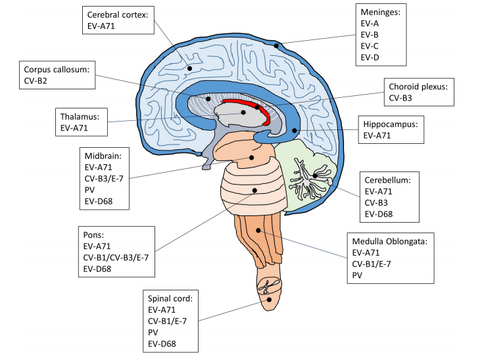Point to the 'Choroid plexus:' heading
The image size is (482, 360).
pos(418,87)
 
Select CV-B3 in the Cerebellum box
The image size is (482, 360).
pos(378,204)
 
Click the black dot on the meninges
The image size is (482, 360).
pos(278,45)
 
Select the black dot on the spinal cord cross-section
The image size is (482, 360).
pos(270,300)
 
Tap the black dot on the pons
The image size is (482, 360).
pos(254,191)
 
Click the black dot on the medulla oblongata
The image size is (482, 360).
pos(260,231)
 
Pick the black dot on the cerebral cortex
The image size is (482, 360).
pos(189,68)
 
